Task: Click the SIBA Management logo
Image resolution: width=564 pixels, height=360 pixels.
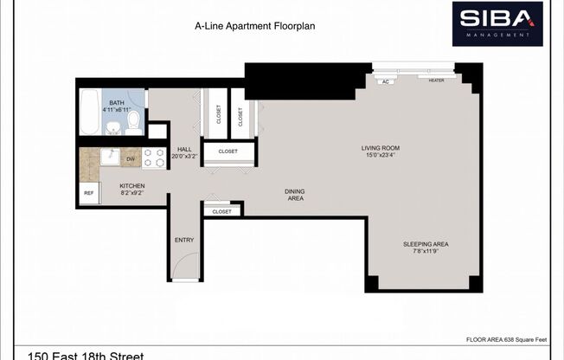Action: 497,23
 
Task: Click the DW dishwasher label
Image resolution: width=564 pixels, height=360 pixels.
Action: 131,159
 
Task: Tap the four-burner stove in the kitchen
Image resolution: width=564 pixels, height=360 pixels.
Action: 154,157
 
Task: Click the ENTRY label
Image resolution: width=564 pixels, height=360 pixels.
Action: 184,240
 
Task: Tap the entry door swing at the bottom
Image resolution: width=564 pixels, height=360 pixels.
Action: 184,272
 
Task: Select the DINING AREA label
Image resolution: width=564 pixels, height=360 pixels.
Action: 295,195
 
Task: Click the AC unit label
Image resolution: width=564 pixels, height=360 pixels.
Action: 385,80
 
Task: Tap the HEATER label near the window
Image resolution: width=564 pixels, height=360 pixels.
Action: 436,80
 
